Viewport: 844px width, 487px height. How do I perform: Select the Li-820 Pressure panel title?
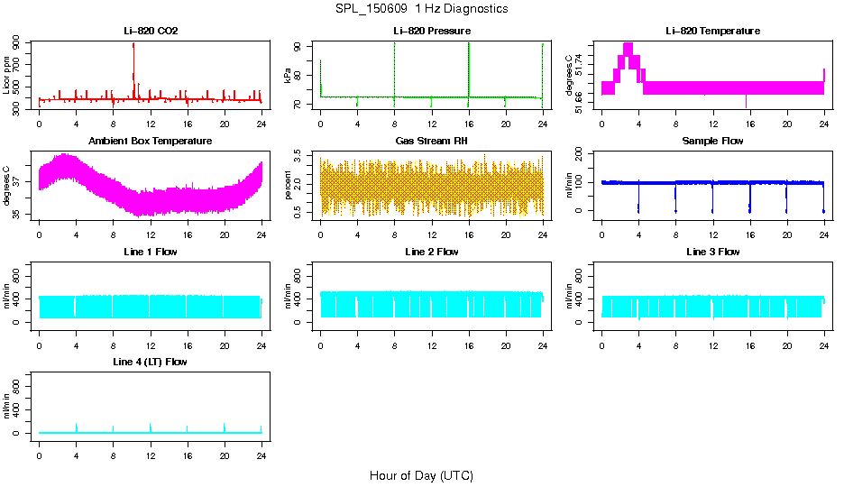431,32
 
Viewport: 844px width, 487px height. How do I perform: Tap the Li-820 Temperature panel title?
712,32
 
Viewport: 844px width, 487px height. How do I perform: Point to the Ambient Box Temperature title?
151,142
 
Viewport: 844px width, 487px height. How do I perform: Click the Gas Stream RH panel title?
431,142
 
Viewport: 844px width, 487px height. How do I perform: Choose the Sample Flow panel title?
712,142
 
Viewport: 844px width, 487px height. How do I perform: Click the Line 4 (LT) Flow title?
151,362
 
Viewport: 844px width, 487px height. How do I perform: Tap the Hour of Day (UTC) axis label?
421,475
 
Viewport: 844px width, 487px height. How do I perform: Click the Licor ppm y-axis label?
7,75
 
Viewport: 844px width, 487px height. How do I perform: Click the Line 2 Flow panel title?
431,252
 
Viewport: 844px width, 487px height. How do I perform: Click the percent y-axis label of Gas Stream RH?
289,186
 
